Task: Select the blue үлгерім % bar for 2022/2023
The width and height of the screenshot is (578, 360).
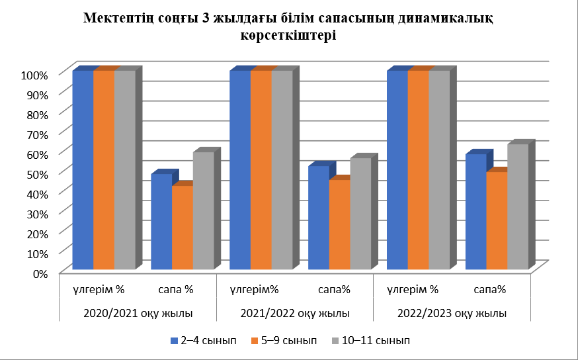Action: (x=397, y=170)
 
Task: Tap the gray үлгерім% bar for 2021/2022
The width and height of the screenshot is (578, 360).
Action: (x=282, y=170)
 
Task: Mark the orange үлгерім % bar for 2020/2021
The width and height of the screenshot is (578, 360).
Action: (x=104, y=170)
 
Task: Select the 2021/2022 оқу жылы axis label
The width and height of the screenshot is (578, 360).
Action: (x=295, y=313)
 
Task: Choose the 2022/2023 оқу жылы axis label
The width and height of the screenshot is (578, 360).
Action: (x=452, y=313)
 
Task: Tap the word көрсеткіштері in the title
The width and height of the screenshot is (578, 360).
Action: (x=289, y=36)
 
